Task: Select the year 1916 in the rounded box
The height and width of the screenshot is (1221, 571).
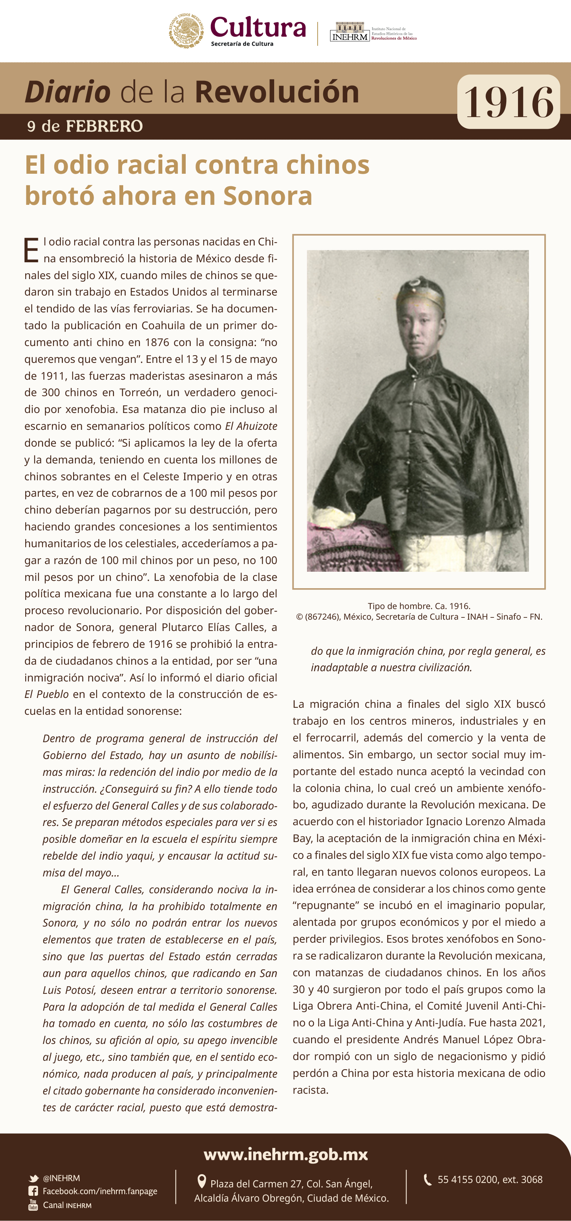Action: (x=508, y=102)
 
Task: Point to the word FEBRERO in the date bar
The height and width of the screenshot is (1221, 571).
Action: (x=104, y=126)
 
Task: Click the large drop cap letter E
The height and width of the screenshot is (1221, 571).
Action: (x=31, y=251)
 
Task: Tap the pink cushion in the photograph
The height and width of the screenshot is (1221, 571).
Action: (x=346, y=545)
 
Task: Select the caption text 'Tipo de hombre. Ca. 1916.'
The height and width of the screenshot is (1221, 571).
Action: (x=419, y=606)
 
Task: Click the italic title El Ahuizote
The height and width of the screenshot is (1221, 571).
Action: (x=251, y=426)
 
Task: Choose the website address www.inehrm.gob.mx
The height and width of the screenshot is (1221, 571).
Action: (x=286, y=1154)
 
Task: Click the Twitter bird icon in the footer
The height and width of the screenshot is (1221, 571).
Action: (x=34, y=1178)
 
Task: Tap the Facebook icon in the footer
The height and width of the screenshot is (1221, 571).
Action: (x=33, y=1191)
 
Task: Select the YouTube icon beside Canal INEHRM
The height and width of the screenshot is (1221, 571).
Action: (x=33, y=1205)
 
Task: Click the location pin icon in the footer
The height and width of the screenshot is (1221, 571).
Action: (x=201, y=1181)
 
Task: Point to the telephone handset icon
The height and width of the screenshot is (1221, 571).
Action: (x=427, y=1180)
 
